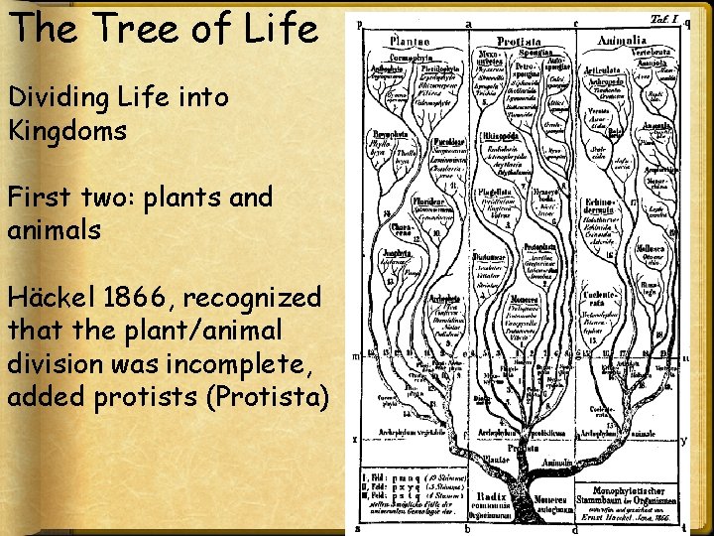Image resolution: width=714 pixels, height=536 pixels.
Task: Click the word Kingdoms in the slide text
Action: (x=67, y=130)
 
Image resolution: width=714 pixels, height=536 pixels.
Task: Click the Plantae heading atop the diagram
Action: (x=408, y=42)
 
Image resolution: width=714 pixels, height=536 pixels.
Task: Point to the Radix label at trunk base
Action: (x=493, y=493)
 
